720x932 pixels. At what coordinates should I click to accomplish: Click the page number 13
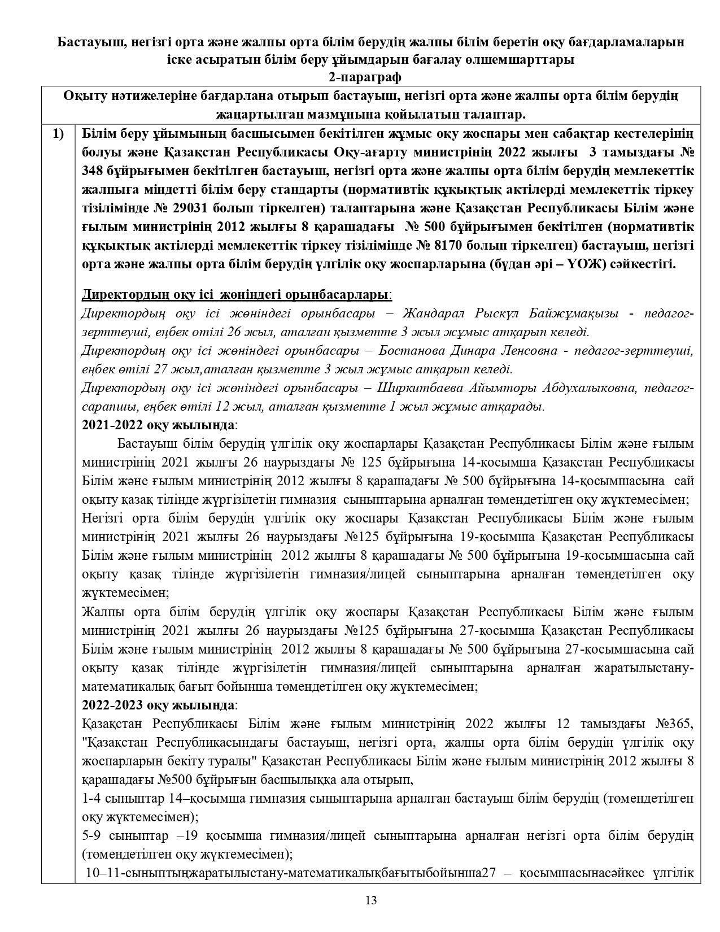(x=371, y=900)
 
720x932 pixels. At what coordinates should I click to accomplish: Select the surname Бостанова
(x=412, y=351)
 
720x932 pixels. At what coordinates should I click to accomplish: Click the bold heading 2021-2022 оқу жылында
(x=158, y=425)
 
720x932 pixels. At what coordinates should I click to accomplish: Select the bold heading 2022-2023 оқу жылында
(x=158, y=705)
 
